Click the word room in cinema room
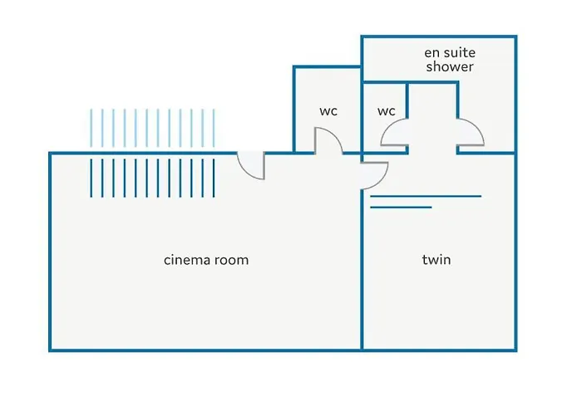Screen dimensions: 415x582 pos(230,260)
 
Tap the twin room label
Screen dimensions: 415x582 pos(436,260)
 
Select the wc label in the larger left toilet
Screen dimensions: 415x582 pos(328,111)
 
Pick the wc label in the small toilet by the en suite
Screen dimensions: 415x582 pos(386,111)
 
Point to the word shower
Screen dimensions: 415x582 pos(450,66)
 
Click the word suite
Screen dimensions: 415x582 pos(459,52)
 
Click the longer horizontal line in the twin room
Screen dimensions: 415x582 pos(426,197)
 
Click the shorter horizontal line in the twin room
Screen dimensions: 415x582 pos(401,207)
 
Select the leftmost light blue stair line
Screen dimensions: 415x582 pos(91,129)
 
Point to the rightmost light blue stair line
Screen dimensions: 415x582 pos(214,129)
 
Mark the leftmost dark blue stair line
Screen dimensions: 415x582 pos(91,177)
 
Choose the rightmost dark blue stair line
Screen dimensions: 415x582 pos(214,177)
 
